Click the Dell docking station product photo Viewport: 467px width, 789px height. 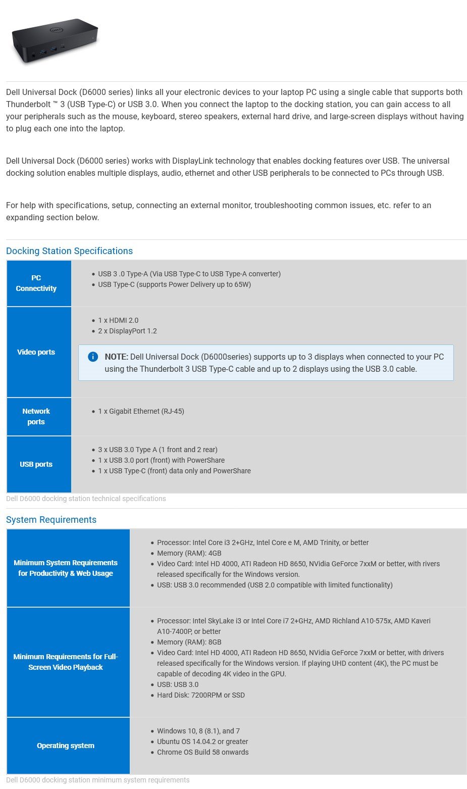tap(55, 41)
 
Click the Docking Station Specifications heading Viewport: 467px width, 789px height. tap(69, 251)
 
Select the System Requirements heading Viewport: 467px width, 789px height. tap(51, 520)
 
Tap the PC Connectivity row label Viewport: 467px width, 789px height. tap(36, 283)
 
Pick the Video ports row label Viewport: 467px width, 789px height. tap(36, 352)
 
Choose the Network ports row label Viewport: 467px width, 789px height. tap(36, 416)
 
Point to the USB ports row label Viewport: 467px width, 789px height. tap(36, 464)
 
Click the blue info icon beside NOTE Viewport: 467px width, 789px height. tap(93, 357)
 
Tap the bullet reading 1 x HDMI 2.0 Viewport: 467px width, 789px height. tap(118, 320)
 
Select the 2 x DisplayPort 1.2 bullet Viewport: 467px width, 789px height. tap(127, 331)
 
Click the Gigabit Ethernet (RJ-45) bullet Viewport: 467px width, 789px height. tap(141, 411)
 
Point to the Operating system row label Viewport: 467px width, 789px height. tap(66, 746)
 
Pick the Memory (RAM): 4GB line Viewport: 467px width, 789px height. tap(189, 553)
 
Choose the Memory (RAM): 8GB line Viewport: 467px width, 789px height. tap(189, 642)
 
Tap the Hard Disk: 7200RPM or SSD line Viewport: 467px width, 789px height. tap(200, 695)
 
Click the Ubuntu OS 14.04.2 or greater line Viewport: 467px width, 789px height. tap(202, 742)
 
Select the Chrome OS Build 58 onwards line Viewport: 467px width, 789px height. tap(202, 752)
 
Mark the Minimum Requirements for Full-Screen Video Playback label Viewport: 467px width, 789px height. tap(66, 662)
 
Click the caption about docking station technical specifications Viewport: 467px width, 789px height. tap(86, 499)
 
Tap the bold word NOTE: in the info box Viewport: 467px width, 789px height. tap(117, 357)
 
